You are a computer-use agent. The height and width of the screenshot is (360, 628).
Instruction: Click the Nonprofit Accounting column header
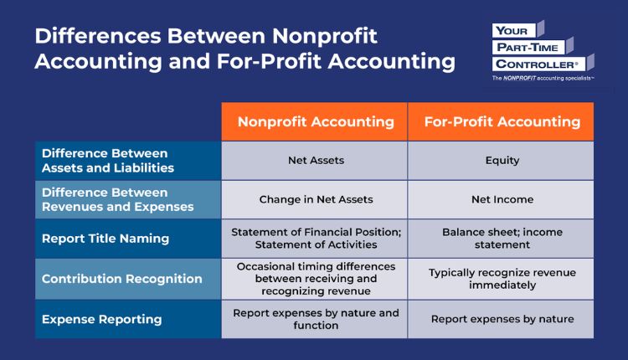pos(316,121)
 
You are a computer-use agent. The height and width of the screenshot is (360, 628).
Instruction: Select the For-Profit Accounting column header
pos(502,121)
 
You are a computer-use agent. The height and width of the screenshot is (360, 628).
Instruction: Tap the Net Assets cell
pos(316,161)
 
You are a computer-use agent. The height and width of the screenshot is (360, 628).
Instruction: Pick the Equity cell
pos(502,161)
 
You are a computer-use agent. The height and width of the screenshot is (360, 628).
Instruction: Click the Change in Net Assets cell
pos(316,200)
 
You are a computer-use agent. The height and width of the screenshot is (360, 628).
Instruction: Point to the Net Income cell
pos(502,200)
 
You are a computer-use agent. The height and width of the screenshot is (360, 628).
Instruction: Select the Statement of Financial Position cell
pos(316,239)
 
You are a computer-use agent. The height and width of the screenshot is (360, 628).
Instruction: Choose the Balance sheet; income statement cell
pos(502,239)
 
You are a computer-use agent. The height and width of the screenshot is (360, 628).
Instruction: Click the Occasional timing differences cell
pos(316,279)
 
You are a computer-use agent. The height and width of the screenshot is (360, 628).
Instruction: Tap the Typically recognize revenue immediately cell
pos(502,279)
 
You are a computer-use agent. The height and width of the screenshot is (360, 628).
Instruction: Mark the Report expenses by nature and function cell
pos(316,319)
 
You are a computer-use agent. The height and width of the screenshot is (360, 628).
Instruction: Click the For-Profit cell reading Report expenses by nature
pos(502,319)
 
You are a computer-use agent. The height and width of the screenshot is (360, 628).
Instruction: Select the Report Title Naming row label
pos(106,239)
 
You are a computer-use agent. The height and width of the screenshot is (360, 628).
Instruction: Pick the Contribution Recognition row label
pos(122,279)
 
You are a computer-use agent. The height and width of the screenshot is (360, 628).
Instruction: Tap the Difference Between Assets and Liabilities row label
pos(107,161)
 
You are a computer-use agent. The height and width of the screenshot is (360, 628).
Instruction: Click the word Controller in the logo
pos(536,64)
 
